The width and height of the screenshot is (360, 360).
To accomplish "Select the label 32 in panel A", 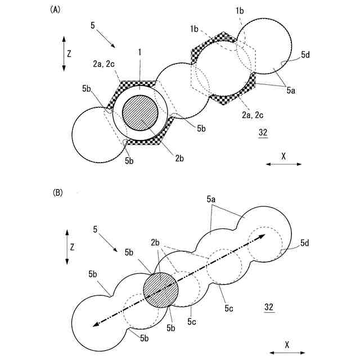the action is [x=263, y=133].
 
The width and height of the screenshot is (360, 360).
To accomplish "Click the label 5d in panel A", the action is [x=304, y=55].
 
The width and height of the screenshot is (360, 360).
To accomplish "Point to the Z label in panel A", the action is [x=69, y=53].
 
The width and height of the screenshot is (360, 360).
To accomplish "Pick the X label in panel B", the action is [x=287, y=344].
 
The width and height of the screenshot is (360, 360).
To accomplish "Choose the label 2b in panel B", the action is [x=156, y=242].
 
